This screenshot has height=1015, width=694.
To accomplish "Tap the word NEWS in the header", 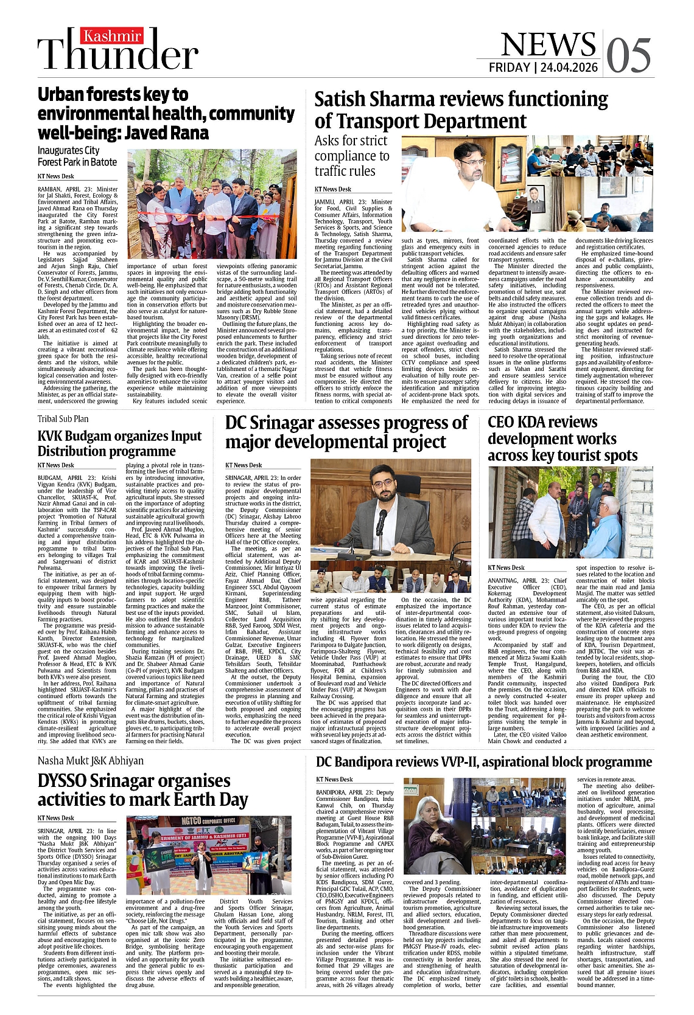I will pyautogui.click(x=548, y=44).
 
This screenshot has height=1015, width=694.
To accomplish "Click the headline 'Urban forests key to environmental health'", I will pyautogui.click(x=166, y=113).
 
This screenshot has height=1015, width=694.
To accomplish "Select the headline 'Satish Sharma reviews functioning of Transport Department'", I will pyautogui.click(x=452, y=109).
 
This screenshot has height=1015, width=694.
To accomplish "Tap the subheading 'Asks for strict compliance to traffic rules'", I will pyautogui.click(x=352, y=156).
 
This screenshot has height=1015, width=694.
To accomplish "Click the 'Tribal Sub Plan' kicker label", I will pyautogui.click(x=63, y=418).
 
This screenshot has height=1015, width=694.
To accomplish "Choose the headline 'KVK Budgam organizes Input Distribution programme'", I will pyautogui.click(x=119, y=443).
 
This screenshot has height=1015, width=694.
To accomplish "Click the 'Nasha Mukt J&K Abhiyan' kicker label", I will pyautogui.click(x=91, y=760).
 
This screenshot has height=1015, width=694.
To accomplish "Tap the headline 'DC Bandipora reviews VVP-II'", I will pyautogui.click(x=483, y=761).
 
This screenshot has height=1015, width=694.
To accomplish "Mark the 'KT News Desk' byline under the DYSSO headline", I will pyautogui.click(x=56, y=818).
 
